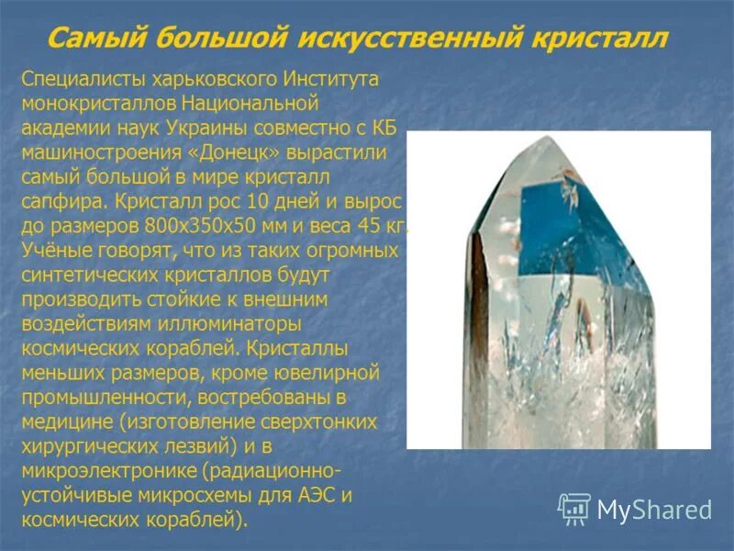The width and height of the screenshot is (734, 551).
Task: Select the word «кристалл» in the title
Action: point(601,39)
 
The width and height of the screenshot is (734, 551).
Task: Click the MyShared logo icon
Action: point(574,508)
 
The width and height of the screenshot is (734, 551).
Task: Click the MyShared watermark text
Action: point(654,509)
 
